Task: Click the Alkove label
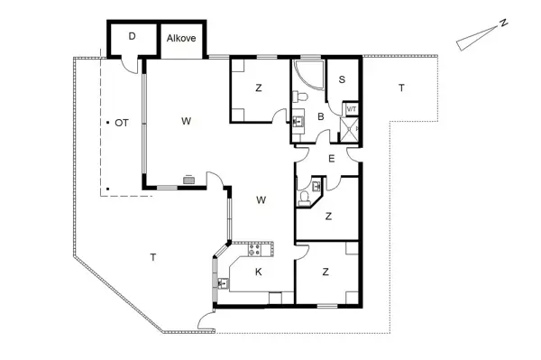pos(181,39)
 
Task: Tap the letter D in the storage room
pos(132,37)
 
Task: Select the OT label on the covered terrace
pos(120,122)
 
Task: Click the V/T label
pos(352,109)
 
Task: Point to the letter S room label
pos(342,79)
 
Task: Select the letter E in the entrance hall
pos(331,159)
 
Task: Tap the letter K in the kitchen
pos(258,272)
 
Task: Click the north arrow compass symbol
pos(474,40)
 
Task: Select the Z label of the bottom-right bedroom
pos(325,272)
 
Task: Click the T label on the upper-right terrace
pos(401,88)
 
